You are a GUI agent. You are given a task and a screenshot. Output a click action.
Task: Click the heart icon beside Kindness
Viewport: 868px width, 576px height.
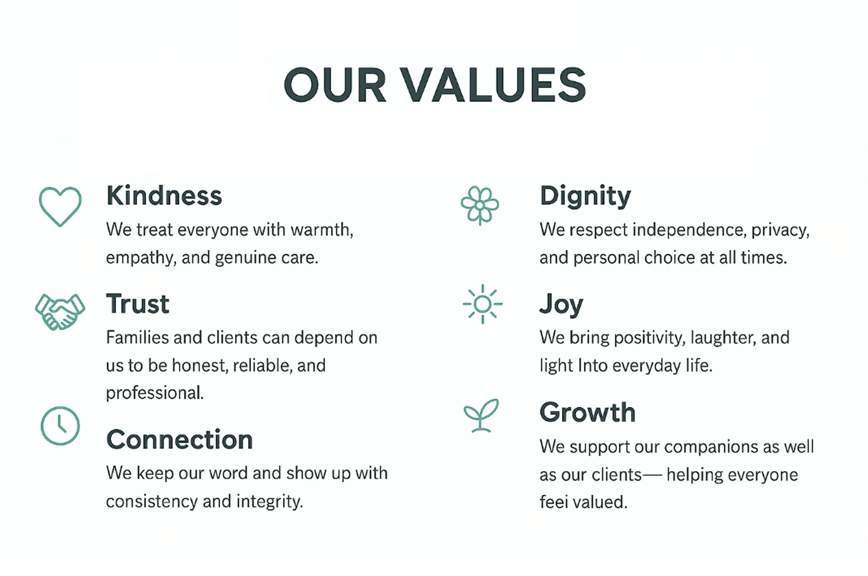[60, 206]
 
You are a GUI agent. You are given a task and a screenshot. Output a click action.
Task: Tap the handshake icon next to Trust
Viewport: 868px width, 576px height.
[60, 312]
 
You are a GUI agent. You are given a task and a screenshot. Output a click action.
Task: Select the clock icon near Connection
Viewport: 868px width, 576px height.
[60, 426]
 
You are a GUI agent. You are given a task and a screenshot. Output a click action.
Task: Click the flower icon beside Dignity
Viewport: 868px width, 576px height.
[480, 205]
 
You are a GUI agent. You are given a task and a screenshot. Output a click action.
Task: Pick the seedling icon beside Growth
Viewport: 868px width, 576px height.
[481, 415]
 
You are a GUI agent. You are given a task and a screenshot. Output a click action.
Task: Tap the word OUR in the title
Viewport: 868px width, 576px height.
[334, 85]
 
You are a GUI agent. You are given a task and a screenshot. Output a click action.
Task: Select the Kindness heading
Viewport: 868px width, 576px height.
[164, 196]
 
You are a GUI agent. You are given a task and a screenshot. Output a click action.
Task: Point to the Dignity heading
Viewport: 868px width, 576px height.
[585, 196]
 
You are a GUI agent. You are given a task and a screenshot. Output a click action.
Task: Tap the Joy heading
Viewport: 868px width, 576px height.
[561, 305]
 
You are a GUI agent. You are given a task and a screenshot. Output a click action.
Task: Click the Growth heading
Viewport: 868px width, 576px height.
[587, 412]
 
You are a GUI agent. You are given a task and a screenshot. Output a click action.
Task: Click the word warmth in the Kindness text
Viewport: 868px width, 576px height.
[322, 230]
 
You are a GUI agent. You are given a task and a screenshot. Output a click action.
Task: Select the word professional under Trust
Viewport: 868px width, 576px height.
[155, 393]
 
